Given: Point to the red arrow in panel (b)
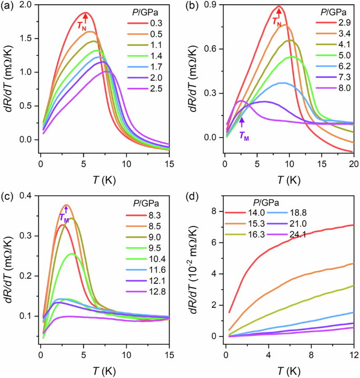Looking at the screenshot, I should [279, 13].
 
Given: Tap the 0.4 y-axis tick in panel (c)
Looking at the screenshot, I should [24, 196].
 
